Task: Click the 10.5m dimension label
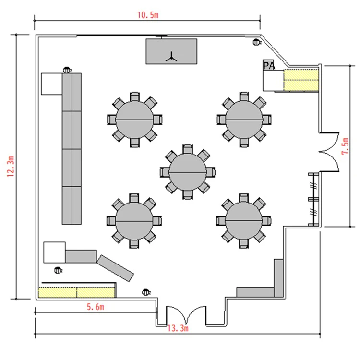tap(147, 14)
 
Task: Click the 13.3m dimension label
tap(177, 328)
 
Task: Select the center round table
tap(188, 171)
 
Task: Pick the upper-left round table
tap(134, 119)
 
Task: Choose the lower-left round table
tap(134, 221)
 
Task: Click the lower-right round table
tap(244, 220)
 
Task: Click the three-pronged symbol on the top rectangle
tap(171, 58)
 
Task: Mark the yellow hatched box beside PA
tap(301, 80)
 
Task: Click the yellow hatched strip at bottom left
tap(77, 291)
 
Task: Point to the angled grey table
tap(116, 268)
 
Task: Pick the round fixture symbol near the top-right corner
tap(257, 42)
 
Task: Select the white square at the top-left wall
tap(51, 84)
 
